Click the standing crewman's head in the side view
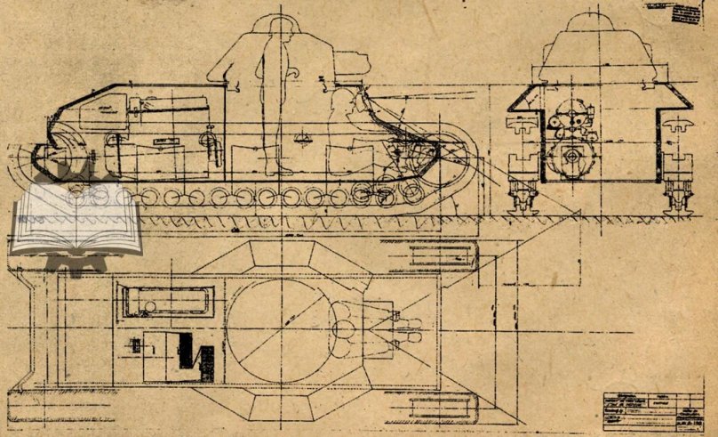(276, 34)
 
